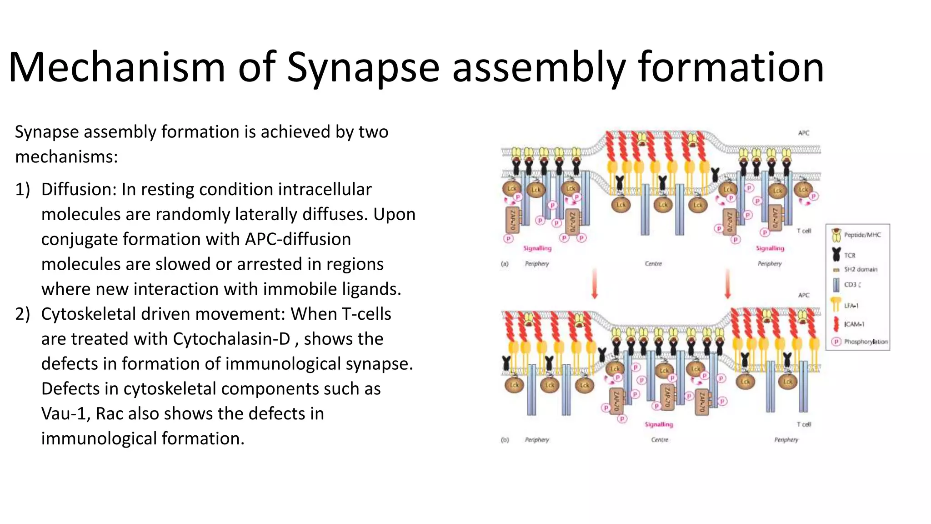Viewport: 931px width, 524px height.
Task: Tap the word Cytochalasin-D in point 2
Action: tap(231, 339)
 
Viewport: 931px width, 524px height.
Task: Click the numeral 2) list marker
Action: tap(22, 314)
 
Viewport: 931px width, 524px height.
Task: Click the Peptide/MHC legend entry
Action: tap(862, 235)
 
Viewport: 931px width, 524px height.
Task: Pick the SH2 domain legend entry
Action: tap(860, 269)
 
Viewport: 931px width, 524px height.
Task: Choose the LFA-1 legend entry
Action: tap(851, 306)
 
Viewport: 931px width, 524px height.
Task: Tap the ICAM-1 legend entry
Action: tap(853, 324)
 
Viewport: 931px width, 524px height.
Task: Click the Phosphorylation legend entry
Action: tap(865, 342)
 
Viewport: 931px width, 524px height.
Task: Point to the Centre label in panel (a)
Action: tap(653, 263)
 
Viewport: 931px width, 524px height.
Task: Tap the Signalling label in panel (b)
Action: tap(659, 424)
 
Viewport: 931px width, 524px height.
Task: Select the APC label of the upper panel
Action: tap(804, 133)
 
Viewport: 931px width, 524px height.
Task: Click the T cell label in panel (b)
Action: tap(804, 424)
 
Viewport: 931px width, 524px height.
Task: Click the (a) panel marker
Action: tap(505, 263)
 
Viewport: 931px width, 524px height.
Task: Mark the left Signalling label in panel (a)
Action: tap(537, 248)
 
